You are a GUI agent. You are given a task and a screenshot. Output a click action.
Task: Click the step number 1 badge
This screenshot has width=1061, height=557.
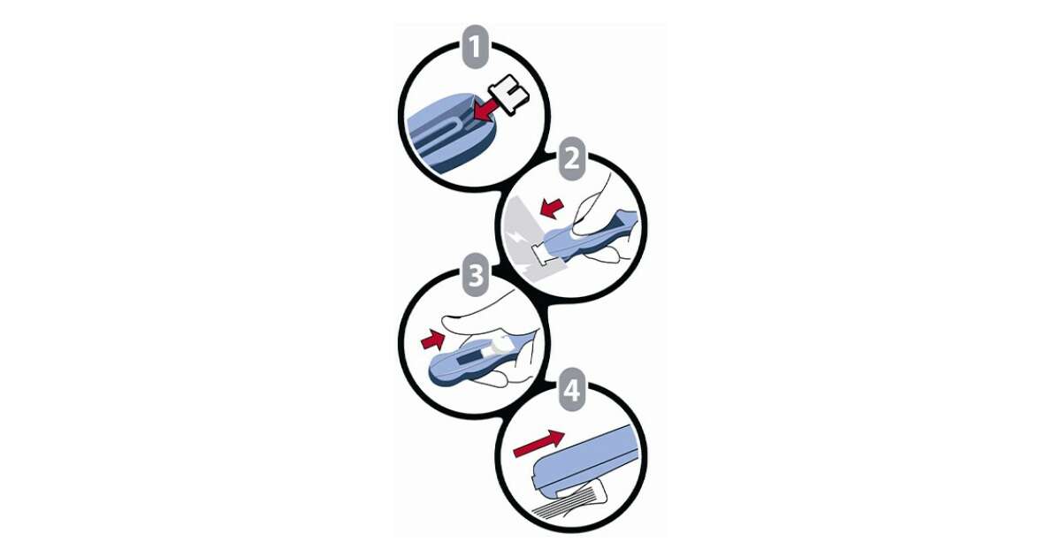[x=475, y=47]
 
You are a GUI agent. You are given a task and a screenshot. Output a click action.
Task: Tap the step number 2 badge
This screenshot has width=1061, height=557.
[x=572, y=158]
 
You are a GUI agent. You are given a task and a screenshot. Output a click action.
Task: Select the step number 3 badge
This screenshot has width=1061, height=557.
[x=476, y=275]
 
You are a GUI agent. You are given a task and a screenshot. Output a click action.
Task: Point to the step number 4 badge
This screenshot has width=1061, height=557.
[x=572, y=389]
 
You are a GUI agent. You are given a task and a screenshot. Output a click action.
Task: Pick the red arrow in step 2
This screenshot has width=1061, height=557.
[x=552, y=209]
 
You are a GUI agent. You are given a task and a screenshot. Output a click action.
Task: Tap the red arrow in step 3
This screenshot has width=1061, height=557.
[x=433, y=340]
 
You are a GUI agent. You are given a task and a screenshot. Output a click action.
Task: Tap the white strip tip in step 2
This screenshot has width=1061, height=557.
[x=542, y=251]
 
